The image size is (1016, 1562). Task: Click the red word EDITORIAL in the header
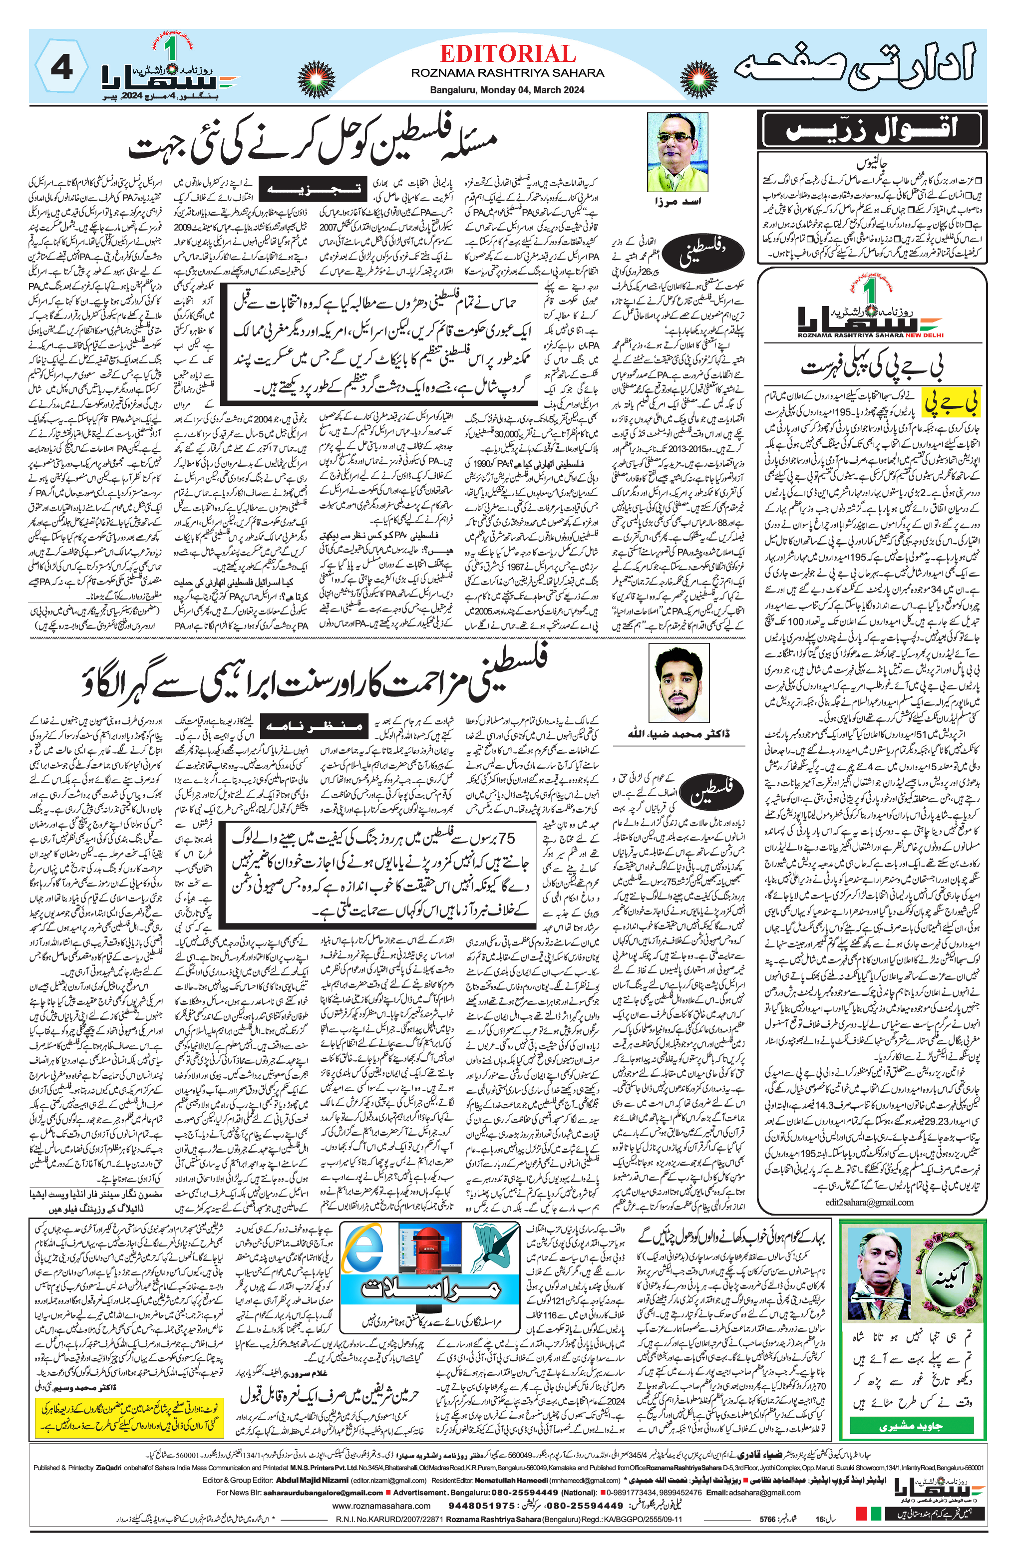[507, 54]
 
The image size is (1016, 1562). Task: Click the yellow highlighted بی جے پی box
[951, 403]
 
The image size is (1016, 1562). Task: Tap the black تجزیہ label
[311, 188]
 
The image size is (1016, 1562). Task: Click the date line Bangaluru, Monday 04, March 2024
[507, 90]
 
